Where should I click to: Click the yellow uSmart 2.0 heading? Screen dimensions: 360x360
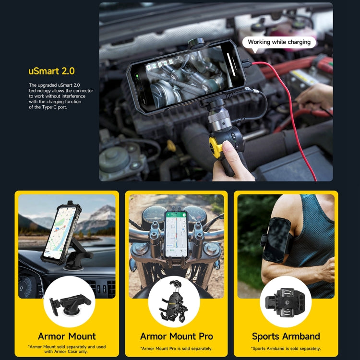pos(51,72)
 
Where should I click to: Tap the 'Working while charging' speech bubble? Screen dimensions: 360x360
pos(279,42)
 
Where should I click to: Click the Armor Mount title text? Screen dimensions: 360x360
pos(67,336)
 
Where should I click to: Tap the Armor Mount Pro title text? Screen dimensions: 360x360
pos(176,336)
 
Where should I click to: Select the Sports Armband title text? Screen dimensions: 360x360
pos(286,336)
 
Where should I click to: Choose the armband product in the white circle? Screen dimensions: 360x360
pos(286,301)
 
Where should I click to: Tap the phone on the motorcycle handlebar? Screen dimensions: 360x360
pos(176,234)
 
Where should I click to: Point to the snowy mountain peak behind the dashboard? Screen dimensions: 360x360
pos(102,213)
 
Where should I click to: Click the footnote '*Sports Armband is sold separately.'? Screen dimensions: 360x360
pos(286,348)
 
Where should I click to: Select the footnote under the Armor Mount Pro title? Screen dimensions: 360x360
pos(176,348)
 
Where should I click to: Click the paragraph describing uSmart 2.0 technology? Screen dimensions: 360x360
pos(61,96)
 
